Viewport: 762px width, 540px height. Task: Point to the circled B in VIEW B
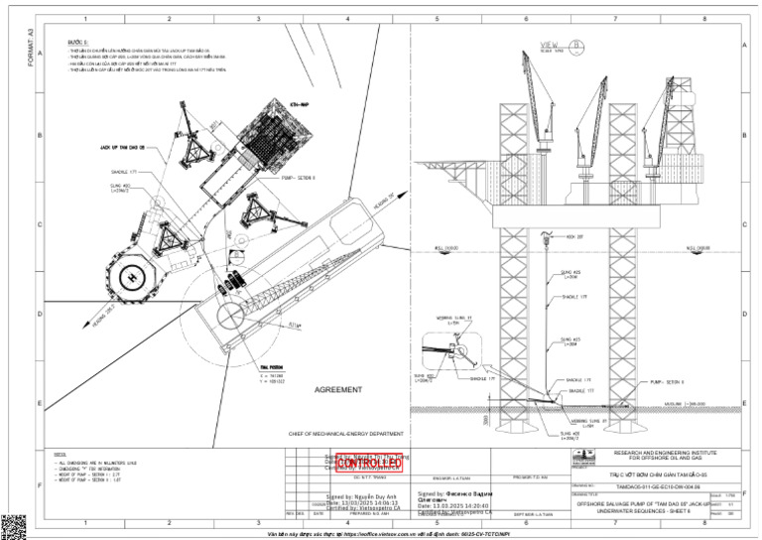tap(576, 45)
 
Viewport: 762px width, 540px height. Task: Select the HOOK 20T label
tap(574, 237)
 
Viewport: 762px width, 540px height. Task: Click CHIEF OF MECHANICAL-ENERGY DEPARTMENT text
tap(347, 434)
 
